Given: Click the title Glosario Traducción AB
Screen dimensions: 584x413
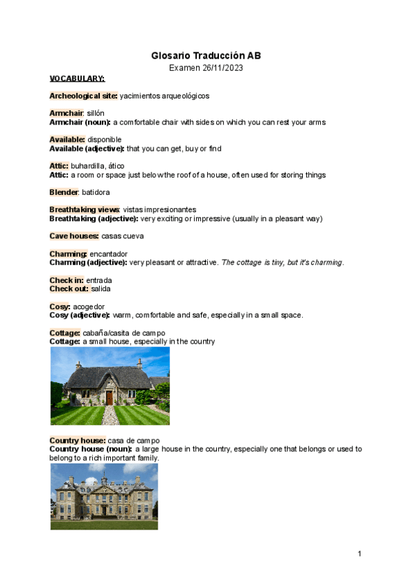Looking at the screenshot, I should click(x=206, y=56).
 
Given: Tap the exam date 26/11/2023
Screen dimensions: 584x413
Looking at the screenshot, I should click(x=220, y=68).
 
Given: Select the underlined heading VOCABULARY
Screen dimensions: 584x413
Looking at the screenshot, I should click(x=76, y=79).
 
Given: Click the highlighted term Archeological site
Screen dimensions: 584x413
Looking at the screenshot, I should click(x=83, y=96).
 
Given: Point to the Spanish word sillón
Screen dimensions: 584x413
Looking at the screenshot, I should click(x=96, y=113).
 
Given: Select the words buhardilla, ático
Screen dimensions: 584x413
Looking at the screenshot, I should click(x=97, y=167).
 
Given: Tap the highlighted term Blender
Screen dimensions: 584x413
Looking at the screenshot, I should click(x=65, y=193).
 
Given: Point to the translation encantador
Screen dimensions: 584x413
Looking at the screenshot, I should click(x=108, y=254).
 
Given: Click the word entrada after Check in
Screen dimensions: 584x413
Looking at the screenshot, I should click(x=99, y=280).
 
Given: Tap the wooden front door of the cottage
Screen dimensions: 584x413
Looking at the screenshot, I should click(x=109, y=397).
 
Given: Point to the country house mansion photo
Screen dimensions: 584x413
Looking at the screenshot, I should click(x=104, y=496).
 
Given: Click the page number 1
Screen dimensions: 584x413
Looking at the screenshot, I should click(x=359, y=554).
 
